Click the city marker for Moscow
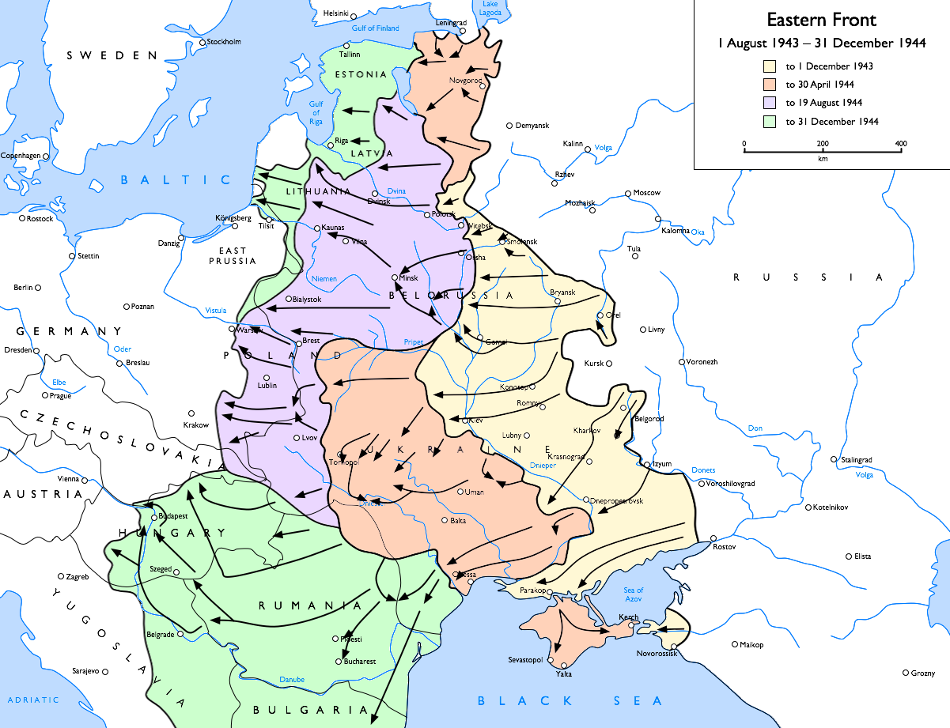click(x=628, y=193)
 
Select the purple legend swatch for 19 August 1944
click(x=769, y=103)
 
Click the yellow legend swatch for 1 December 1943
click(x=769, y=66)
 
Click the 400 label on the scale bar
click(x=900, y=143)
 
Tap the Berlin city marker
click(x=37, y=288)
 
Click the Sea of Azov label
click(x=634, y=595)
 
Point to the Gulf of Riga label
click(x=316, y=113)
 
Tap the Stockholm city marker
click(x=202, y=43)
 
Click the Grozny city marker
click(x=906, y=673)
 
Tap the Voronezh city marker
click(x=682, y=362)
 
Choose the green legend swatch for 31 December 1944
click(x=769, y=122)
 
